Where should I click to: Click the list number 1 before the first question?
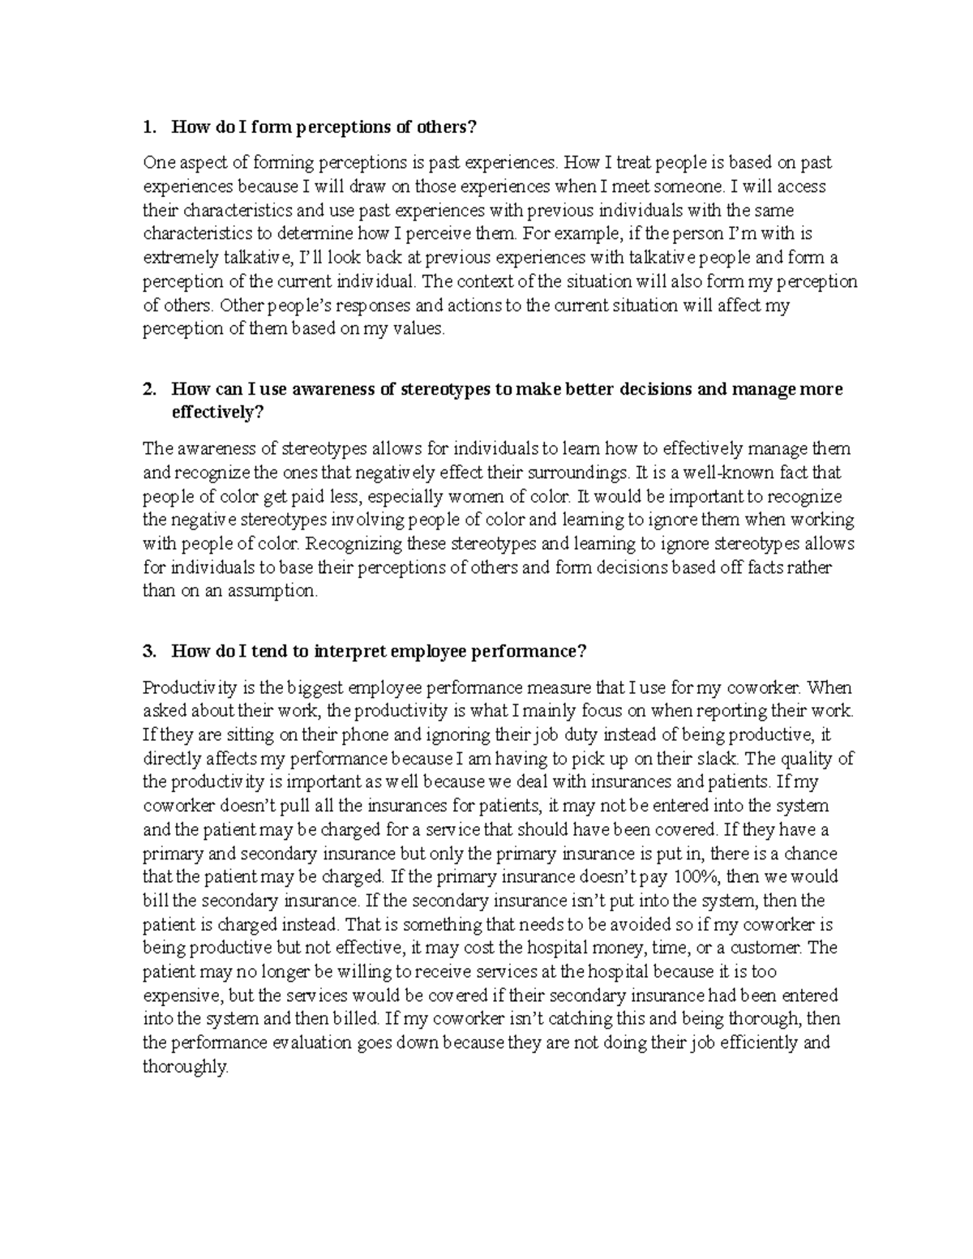tap(147, 127)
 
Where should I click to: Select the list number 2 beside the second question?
tap(147, 389)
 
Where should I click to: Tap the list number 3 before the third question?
tap(147, 651)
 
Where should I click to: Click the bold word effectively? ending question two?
tap(218, 413)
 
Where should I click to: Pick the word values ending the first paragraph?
tap(420, 329)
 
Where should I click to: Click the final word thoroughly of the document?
tap(186, 1067)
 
